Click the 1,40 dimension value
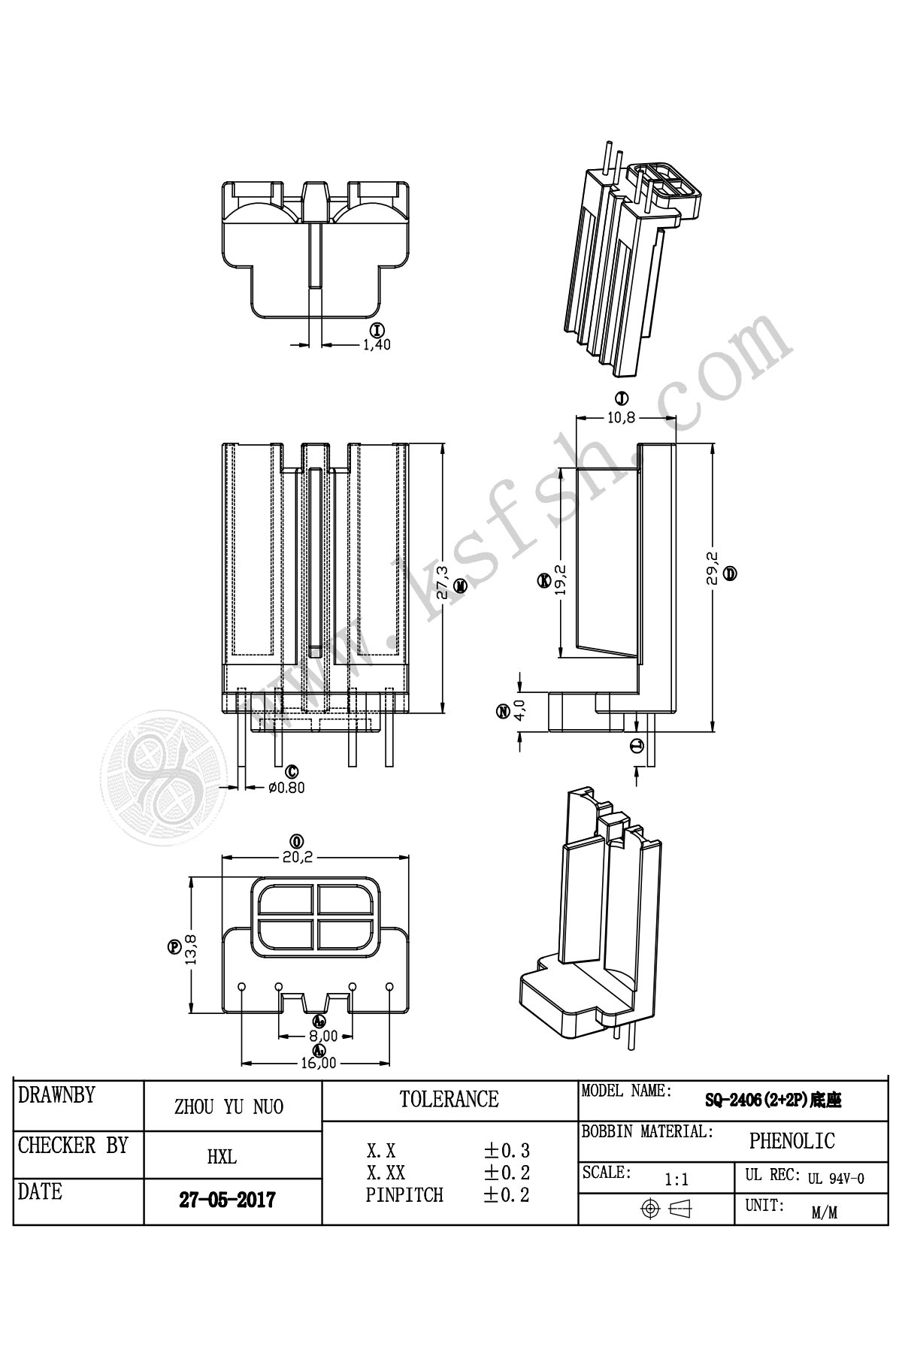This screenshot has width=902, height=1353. [377, 345]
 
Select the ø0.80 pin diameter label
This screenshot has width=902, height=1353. [286, 788]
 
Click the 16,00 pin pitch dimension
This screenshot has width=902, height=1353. [319, 1064]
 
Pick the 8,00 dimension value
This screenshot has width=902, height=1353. [319, 1035]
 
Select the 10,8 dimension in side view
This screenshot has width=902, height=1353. [621, 417]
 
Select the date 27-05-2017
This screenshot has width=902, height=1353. [227, 1199]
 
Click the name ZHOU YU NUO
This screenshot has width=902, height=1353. [229, 1106]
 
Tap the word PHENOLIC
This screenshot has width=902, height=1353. [792, 1141]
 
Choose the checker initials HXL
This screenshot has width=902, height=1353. [222, 1157]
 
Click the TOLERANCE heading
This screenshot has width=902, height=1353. [449, 1100]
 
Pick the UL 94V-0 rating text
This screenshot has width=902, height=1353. [836, 1179]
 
